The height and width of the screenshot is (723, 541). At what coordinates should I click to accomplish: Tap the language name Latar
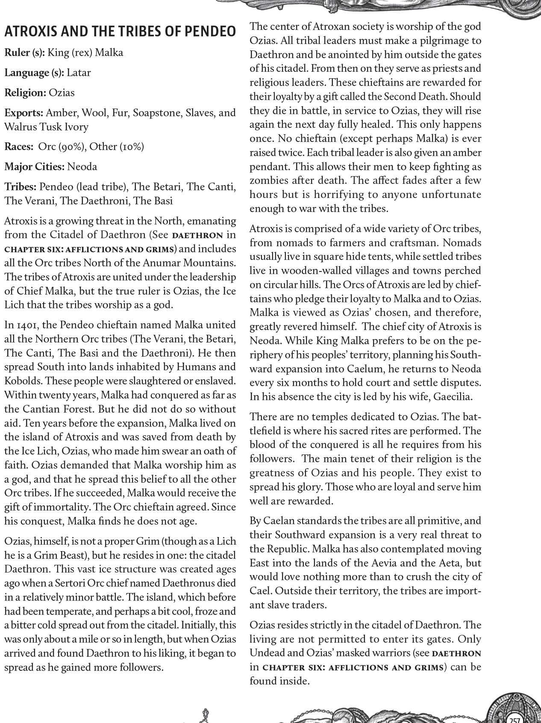(x=79, y=73)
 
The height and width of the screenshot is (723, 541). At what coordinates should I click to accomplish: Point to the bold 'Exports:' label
(x=24, y=113)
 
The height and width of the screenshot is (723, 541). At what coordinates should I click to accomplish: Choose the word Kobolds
(x=21, y=381)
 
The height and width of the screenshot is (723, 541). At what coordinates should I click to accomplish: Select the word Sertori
(x=84, y=583)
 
